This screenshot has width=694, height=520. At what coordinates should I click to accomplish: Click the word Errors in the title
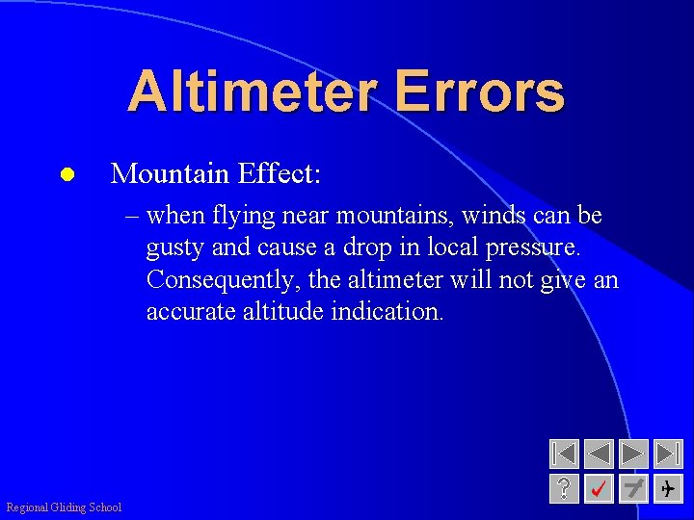click(478, 92)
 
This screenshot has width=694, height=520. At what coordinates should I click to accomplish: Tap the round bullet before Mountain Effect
click(66, 175)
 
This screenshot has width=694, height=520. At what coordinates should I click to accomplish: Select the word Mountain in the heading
click(173, 173)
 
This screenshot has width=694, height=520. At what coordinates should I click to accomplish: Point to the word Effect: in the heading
click(280, 173)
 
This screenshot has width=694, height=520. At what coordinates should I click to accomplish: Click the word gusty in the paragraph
click(174, 248)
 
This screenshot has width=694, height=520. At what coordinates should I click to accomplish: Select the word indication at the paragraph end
click(387, 311)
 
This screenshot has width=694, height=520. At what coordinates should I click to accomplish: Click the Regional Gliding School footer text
click(64, 507)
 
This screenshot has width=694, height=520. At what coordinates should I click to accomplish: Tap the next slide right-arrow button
click(633, 455)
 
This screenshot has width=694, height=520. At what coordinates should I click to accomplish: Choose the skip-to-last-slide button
click(667, 455)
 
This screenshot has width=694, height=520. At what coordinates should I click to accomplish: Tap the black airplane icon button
click(667, 488)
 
